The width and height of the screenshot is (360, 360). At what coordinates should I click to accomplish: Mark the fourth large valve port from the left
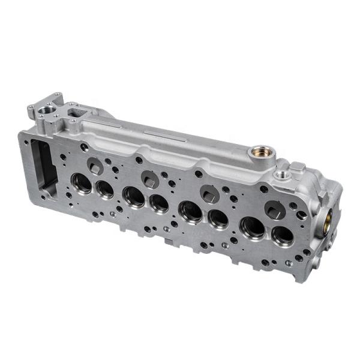[159, 203]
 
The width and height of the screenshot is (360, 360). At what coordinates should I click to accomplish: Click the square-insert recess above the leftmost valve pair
[95, 166]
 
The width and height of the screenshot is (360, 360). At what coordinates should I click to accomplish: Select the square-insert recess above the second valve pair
[150, 179]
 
